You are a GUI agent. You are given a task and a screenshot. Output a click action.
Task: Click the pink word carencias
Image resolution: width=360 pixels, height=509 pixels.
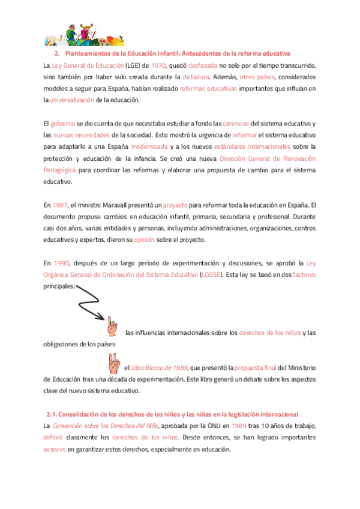[x=236, y=123]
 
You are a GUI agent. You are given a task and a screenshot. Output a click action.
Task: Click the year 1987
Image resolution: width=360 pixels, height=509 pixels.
[x=60, y=205]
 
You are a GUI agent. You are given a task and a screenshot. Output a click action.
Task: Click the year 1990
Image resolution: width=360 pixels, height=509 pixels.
[x=62, y=262]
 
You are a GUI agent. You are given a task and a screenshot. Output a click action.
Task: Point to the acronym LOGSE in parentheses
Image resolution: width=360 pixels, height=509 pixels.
[x=209, y=274]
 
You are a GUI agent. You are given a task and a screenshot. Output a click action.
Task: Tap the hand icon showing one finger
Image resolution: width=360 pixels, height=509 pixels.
[x=112, y=327]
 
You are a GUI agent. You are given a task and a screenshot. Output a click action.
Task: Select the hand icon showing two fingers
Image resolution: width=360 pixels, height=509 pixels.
[x=112, y=362]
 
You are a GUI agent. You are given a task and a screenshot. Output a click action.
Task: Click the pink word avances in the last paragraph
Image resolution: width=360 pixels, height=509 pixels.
[x=55, y=449]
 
